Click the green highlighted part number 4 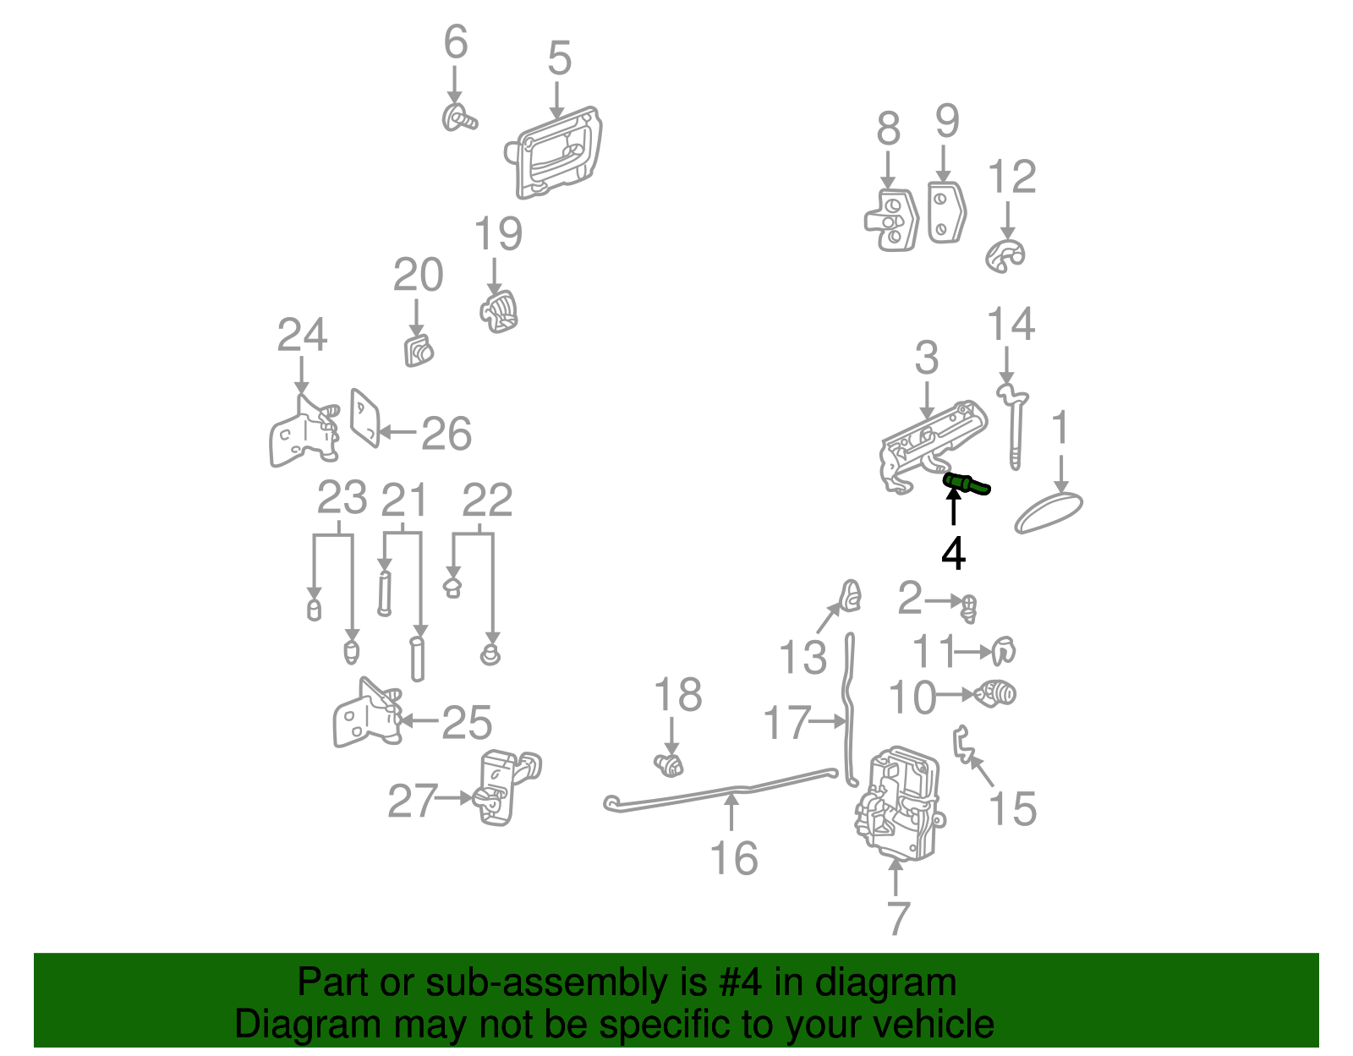click(x=966, y=484)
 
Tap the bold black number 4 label click(x=953, y=554)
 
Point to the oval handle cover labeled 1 click(x=1049, y=513)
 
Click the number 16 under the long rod click(x=734, y=858)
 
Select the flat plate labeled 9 click(x=945, y=212)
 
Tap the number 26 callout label click(x=446, y=434)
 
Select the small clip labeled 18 click(x=669, y=766)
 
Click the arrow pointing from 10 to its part click(x=956, y=695)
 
